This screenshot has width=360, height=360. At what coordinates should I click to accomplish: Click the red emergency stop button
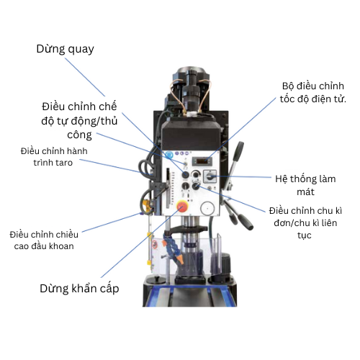182,207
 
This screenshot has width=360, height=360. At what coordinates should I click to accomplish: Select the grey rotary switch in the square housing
210,176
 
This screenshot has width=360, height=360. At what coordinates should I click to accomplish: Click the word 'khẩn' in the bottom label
84,289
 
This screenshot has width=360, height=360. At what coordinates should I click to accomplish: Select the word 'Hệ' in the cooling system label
281,179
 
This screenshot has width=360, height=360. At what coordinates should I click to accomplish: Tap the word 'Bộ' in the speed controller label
288,86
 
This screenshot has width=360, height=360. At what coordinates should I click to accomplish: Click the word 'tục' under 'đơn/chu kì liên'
305,235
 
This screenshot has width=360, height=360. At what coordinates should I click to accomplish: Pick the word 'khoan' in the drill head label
63,246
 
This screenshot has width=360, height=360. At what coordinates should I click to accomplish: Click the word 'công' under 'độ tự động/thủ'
79,135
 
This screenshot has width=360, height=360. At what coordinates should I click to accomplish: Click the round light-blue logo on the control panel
168,155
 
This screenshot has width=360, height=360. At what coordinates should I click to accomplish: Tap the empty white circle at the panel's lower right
207,208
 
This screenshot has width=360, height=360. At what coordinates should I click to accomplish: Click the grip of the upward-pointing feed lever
238,151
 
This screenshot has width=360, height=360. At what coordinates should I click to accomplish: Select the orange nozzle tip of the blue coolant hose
180,259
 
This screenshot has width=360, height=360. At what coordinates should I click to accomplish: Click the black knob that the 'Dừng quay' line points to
185,174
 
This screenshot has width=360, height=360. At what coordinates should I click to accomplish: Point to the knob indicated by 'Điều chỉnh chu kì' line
196,186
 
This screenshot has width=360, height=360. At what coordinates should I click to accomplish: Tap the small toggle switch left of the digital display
185,163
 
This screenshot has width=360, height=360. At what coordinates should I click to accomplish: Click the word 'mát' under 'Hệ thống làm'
305,192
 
